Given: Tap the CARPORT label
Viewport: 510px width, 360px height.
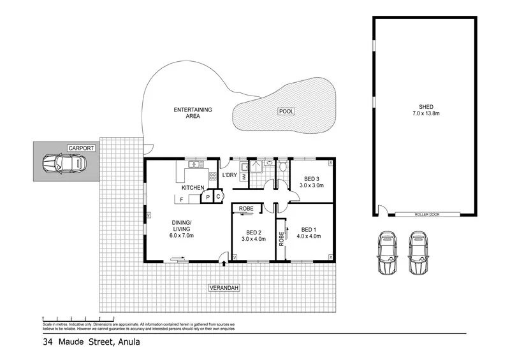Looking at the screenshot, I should (x=82, y=148).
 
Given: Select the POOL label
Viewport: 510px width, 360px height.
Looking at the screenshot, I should (x=286, y=112).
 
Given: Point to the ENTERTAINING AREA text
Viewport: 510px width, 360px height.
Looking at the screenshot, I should (x=193, y=113).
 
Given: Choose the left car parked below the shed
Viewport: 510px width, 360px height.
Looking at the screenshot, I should (x=388, y=252).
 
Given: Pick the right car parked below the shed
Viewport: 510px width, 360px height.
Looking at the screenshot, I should (x=418, y=252).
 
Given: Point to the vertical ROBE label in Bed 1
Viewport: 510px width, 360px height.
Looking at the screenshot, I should (x=281, y=238).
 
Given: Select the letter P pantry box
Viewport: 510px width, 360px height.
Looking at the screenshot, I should (x=207, y=198).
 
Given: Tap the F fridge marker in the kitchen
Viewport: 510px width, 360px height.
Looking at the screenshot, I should (x=182, y=200).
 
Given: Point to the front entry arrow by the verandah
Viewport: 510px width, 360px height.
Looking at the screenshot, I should (x=223, y=258).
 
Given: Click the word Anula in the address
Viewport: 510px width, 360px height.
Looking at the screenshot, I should (x=127, y=342).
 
